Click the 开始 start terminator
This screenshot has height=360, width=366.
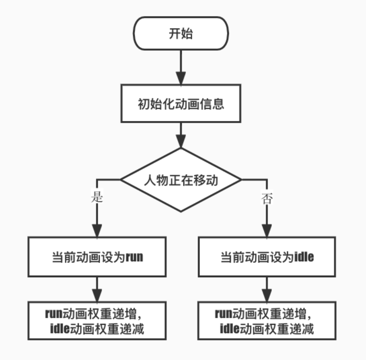click(181, 34)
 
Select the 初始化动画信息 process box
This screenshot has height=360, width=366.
click(181, 104)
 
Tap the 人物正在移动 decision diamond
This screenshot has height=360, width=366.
click(181, 180)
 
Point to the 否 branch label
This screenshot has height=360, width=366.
click(267, 198)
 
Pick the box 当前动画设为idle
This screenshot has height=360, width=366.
click(267, 256)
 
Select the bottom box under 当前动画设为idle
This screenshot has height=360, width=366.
click(267, 321)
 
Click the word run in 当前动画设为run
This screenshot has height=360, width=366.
click(134, 257)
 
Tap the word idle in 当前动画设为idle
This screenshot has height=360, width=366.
click(304, 257)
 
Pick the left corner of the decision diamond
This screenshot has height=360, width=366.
click(121, 180)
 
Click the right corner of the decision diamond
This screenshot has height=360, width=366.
click(241, 180)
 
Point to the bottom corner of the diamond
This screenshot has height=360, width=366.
click(181, 211)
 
